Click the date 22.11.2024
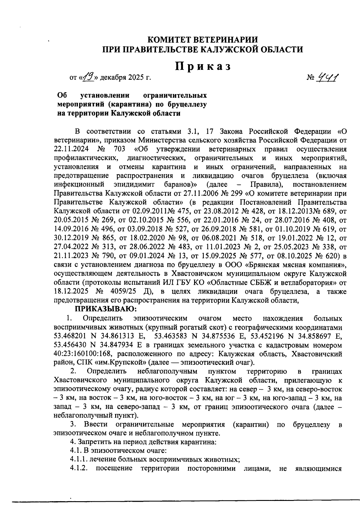[70, 149]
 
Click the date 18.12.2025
[70, 292]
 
